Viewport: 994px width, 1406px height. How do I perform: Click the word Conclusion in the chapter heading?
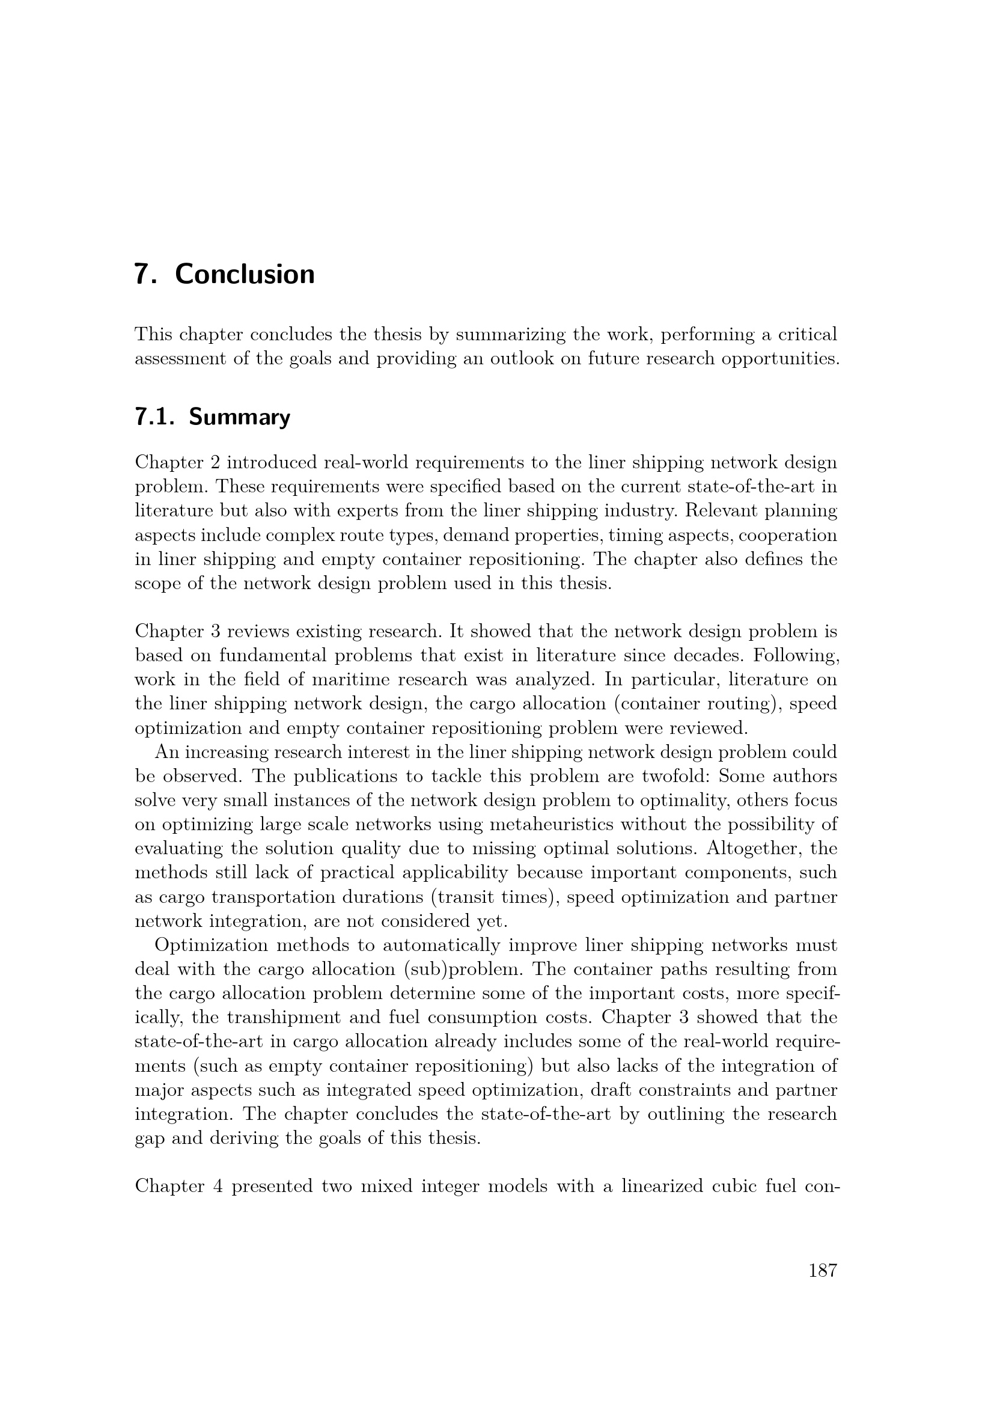(245, 274)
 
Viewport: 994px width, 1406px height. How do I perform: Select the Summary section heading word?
(239, 418)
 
